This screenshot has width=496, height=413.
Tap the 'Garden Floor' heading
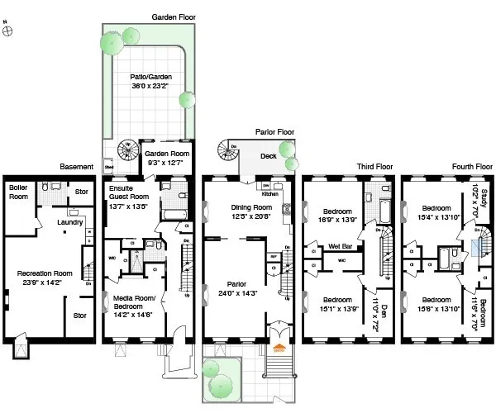(x=172, y=17)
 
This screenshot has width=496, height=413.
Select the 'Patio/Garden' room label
(x=145, y=79)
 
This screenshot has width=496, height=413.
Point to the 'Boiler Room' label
(x=18, y=192)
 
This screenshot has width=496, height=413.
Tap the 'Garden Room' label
(x=163, y=154)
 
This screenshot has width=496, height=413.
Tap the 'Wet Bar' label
(x=341, y=244)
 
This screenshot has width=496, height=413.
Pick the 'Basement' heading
(x=76, y=166)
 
